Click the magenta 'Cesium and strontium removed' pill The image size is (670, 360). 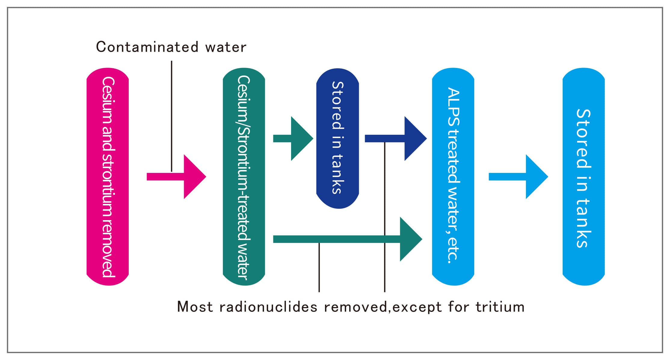107,177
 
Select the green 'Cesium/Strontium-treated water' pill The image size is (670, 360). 244,177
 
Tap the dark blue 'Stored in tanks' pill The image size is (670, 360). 337,138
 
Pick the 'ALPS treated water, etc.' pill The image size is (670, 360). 453,177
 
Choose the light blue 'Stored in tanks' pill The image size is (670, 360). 583,177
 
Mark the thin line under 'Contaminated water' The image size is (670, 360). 171,114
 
